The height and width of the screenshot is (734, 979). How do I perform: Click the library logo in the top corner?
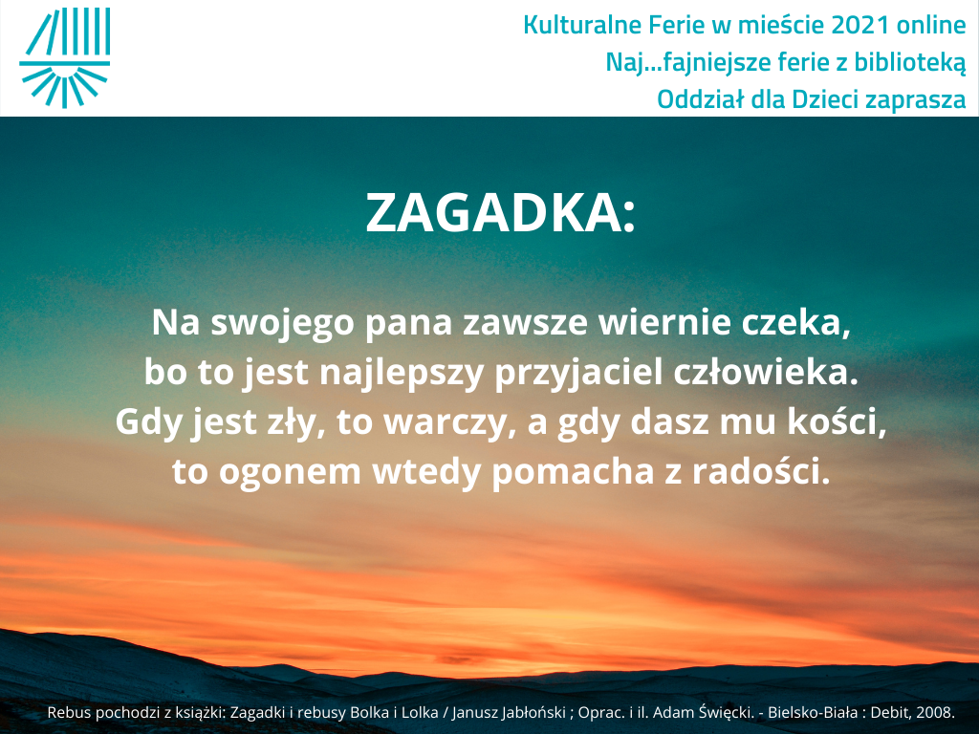[x=65, y=57]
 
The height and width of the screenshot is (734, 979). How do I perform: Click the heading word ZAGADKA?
[x=492, y=213]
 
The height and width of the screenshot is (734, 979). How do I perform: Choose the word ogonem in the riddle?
[x=290, y=472]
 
